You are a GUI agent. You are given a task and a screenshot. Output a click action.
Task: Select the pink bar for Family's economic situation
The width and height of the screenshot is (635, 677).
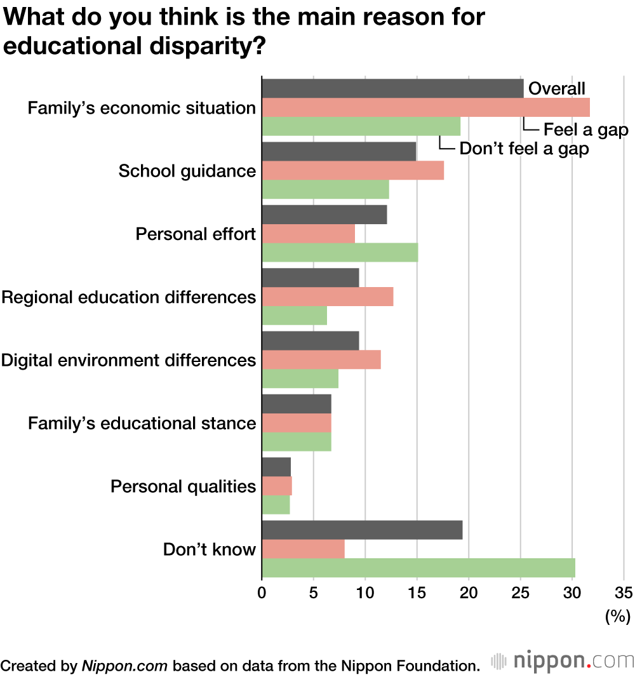coord(425,107)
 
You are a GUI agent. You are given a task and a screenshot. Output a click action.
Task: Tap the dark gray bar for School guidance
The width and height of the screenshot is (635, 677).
coord(338,152)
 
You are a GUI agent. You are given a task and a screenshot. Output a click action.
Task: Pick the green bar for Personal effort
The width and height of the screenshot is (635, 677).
coord(340,252)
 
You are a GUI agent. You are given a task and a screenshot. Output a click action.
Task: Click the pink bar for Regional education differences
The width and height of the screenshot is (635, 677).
coord(327,297)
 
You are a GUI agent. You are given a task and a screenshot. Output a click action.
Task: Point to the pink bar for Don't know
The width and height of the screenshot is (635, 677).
coord(303,549)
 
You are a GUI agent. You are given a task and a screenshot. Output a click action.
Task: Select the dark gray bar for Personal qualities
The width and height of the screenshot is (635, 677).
coord(276,467)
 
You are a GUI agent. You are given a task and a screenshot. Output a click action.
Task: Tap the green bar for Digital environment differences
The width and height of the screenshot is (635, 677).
coord(300,379)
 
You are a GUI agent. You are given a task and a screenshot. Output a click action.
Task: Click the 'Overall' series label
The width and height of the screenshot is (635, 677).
coord(557,89)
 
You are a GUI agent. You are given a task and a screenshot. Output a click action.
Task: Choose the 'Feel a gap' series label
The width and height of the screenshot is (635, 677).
coord(585,131)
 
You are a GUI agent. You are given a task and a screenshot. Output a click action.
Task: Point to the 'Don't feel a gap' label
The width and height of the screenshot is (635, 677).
coord(524,150)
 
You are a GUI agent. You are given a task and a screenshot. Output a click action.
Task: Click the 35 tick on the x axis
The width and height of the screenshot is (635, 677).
coord(624,593)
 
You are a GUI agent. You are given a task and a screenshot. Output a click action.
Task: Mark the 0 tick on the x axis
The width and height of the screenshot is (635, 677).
coord(262,593)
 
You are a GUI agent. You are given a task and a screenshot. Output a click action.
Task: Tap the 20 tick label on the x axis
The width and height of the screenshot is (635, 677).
coord(469,593)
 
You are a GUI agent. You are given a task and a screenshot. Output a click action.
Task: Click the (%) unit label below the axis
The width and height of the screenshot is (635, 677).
coord(617,615)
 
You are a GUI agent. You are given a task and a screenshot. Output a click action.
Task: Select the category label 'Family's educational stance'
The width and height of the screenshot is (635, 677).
coord(142,423)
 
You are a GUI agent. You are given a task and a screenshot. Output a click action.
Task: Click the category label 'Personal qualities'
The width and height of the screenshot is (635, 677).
coord(183,486)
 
